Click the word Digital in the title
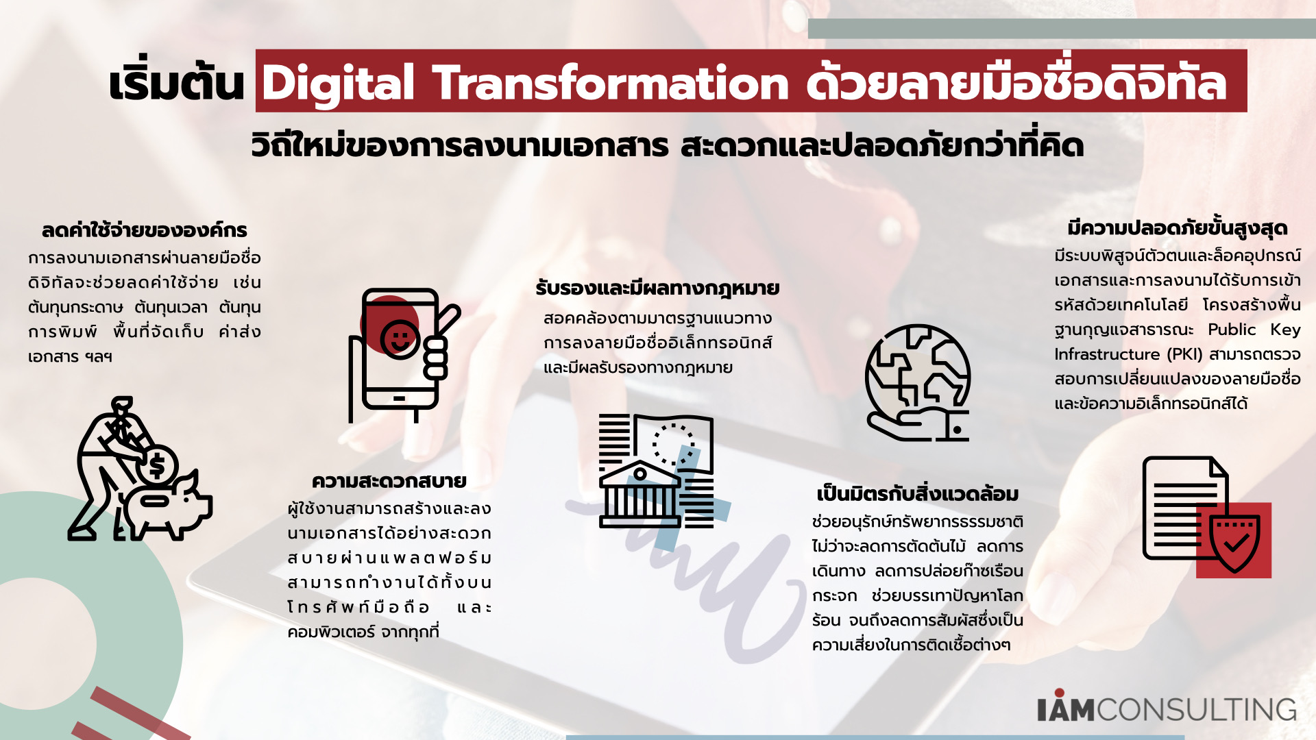(339, 84)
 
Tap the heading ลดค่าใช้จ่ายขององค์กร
(144, 230)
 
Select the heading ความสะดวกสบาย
(389, 480)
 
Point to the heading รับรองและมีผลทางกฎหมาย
(657, 288)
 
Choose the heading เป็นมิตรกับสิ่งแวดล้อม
(918, 493)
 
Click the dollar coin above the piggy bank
(157, 466)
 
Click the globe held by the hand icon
(918, 375)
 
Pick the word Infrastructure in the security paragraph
(1107, 354)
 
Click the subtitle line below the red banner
(667, 145)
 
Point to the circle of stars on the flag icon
(672, 444)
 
